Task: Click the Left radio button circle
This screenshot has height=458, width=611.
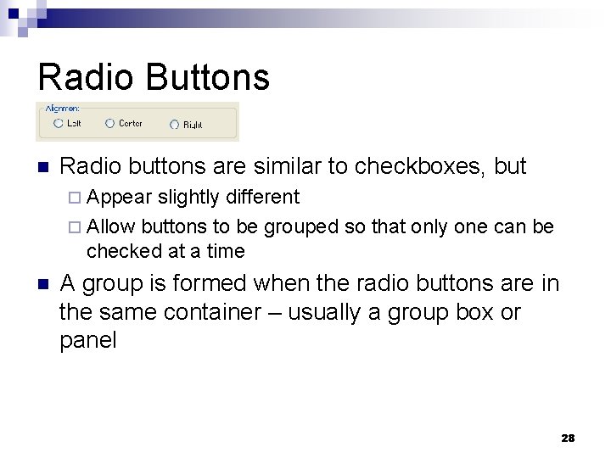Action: pyautogui.click(x=58, y=124)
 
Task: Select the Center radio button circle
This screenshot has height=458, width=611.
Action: pyautogui.click(x=109, y=124)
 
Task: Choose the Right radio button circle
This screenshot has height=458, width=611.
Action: pyautogui.click(x=174, y=125)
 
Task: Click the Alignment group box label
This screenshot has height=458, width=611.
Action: pyautogui.click(x=62, y=109)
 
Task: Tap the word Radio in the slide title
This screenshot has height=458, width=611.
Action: pyautogui.click(x=86, y=76)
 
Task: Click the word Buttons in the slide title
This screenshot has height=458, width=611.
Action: pyautogui.click(x=208, y=76)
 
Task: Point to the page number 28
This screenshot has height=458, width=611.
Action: pyautogui.click(x=568, y=438)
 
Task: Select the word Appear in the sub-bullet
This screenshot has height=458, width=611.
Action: pyautogui.click(x=119, y=198)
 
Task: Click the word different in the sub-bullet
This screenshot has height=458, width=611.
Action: pyautogui.click(x=262, y=198)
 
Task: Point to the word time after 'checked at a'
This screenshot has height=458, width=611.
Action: pyautogui.click(x=224, y=251)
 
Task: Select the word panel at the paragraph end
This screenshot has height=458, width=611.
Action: pyautogui.click(x=87, y=341)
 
